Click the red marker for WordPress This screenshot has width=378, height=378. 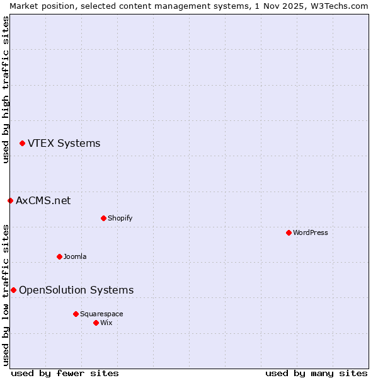[289, 232]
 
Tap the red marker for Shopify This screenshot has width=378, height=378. [103, 218]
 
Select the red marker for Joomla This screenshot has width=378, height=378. [59, 256]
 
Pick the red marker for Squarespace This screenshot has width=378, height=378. [76, 314]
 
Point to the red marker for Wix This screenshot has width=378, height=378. [96, 323]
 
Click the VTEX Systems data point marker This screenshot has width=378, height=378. [22, 144]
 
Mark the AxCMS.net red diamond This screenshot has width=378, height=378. [10, 201]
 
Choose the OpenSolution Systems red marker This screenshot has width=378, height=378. [13, 290]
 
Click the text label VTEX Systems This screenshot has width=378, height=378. [64, 144]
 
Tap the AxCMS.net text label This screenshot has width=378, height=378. [43, 201]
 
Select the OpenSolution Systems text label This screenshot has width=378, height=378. [76, 290]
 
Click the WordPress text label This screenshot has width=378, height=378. [310, 232]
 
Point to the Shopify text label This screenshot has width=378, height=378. [120, 218]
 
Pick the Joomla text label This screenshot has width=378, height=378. [75, 256]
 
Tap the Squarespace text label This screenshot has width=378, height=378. [101, 314]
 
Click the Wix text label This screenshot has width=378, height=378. [106, 323]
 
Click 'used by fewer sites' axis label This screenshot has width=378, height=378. [65, 373]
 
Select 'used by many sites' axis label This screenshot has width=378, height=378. [316, 373]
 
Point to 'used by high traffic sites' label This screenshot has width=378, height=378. [6, 90]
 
